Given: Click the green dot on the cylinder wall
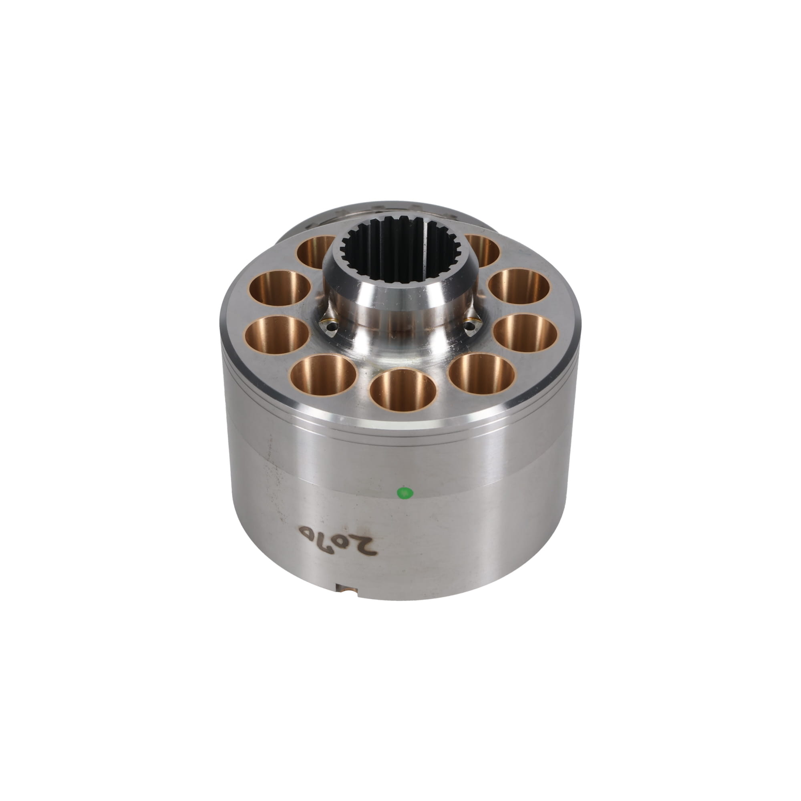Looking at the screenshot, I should (x=405, y=493).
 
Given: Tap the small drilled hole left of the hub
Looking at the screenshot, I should (x=330, y=326).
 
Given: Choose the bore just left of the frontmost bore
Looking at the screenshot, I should (x=322, y=376).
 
